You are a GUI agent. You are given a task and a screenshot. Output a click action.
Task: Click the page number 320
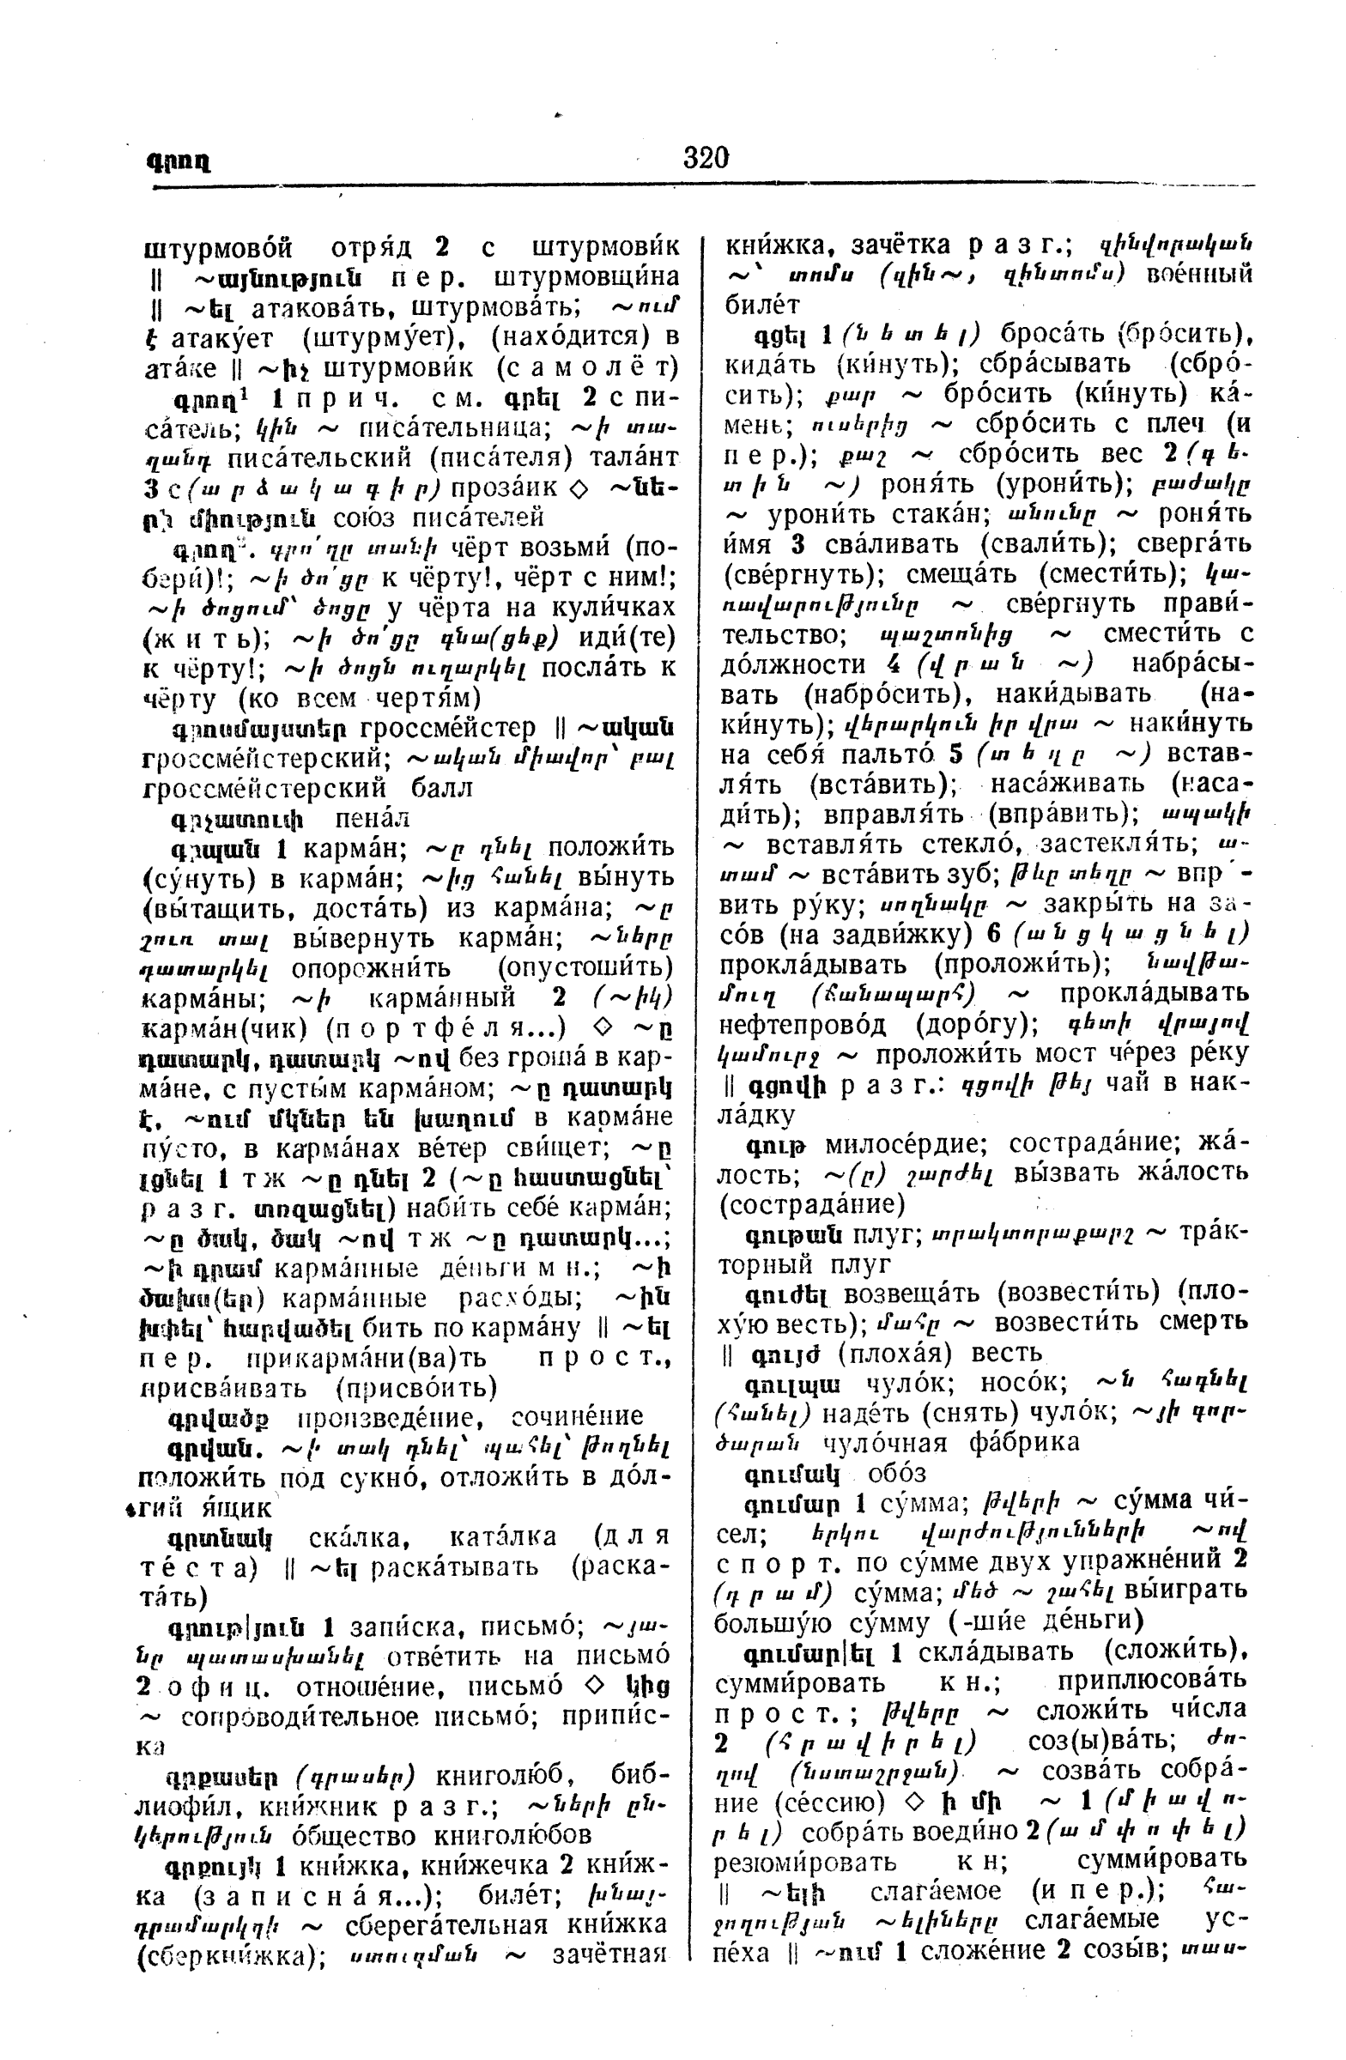(x=706, y=159)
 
